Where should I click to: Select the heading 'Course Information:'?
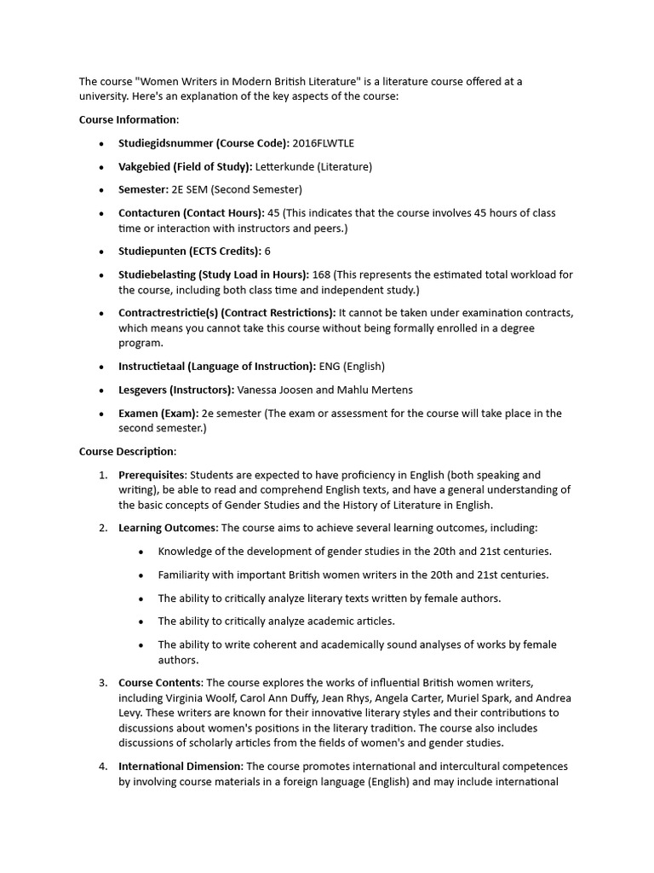tap(129, 119)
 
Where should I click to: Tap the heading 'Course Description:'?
tap(128, 452)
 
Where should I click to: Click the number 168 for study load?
tap(321, 275)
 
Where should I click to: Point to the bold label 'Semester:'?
tap(143, 189)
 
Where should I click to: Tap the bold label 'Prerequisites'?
tap(151, 475)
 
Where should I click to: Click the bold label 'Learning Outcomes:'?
tap(168, 529)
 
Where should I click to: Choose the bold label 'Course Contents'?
tap(160, 683)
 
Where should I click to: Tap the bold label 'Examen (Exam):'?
tap(158, 413)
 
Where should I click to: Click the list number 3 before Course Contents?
tap(102, 683)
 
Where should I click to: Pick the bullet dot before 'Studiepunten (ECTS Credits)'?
tap(102, 252)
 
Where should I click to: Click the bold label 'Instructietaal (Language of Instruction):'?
tap(217, 367)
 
